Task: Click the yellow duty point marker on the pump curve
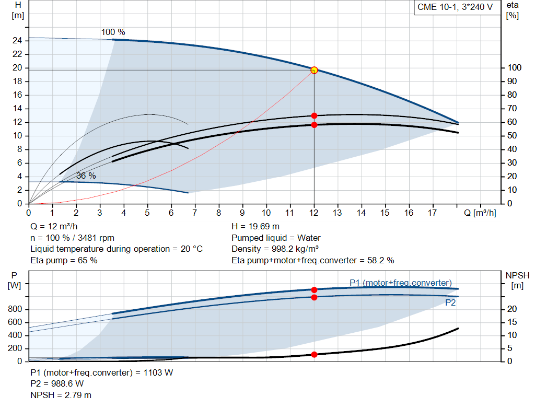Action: click(314, 70)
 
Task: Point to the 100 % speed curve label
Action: click(113, 32)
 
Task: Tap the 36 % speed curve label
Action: click(86, 176)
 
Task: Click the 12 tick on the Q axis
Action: click(314, 213)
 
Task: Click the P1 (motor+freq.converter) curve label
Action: click(400, 283)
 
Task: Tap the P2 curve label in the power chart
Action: click(450, 302)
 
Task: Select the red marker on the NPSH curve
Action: click(314, 355)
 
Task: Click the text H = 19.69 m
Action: click(255, 227)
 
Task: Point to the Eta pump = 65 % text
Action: click(64, 260)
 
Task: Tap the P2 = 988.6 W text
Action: click(57, 384)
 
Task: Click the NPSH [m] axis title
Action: click(517, 280)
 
